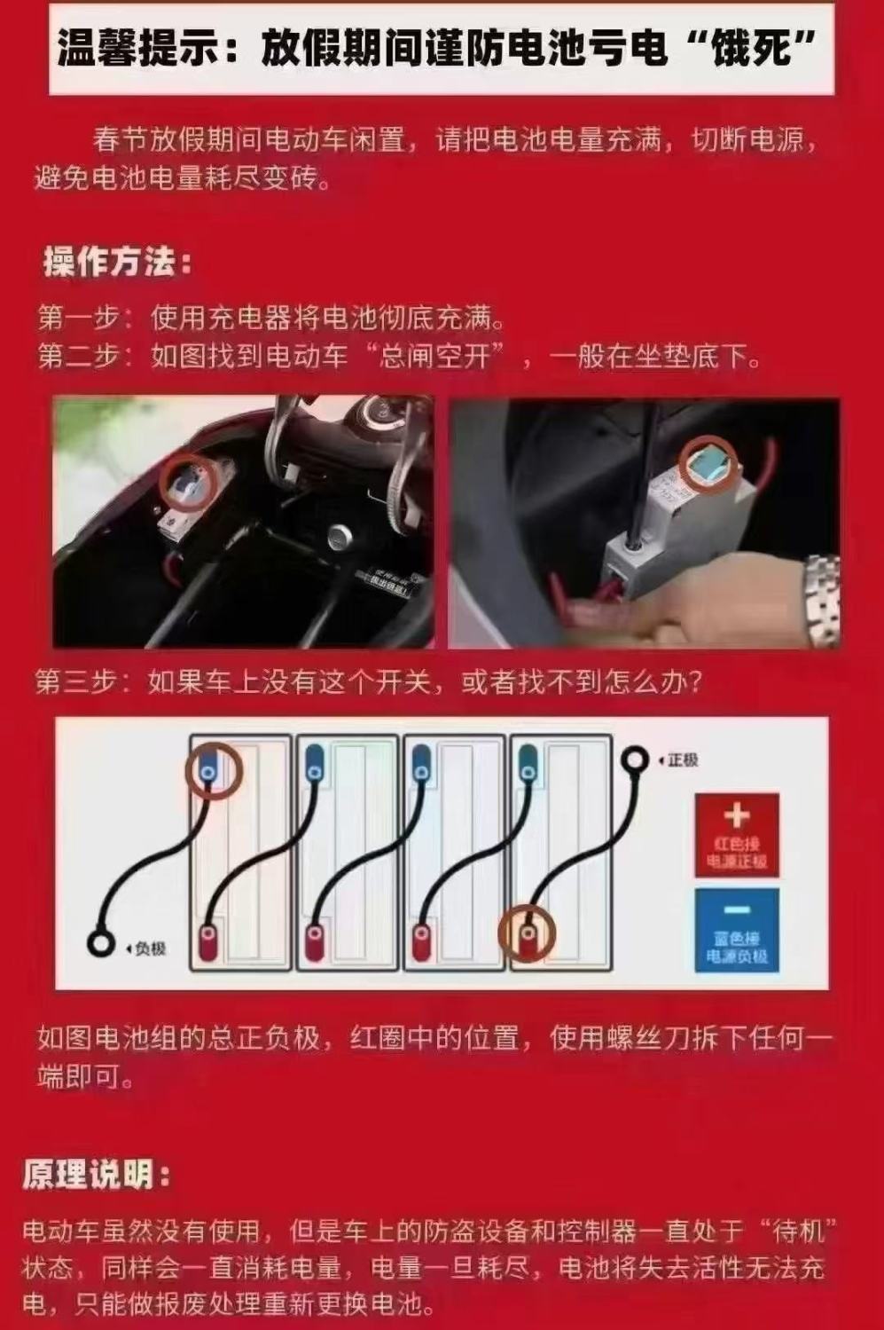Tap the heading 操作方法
[x=117, y=263]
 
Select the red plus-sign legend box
[x=737, y=835]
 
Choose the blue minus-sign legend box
[x=737, y=930]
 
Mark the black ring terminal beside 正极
[x=635, y=759]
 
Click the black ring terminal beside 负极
[x=101, y=943]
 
